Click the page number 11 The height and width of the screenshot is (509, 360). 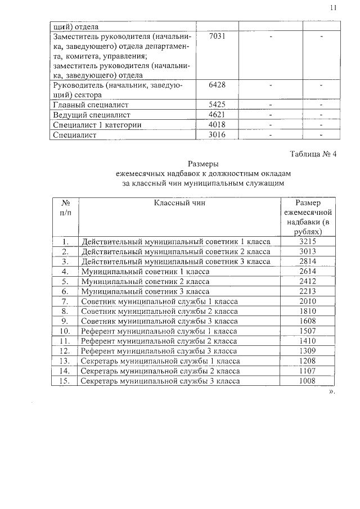click(x=333, y=8)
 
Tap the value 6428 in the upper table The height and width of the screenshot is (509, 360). click(x=217, y=85)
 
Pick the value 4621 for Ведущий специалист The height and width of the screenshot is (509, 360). click(x=217, y=115)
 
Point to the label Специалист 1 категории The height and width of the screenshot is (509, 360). click(x=96, y=125)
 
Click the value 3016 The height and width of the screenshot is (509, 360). click(x=217, y=135)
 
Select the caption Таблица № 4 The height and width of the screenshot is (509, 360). click(x=313, y=155)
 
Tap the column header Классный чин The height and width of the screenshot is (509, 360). click(x=177, y=202)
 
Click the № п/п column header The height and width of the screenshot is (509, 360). click(x=65, y=208)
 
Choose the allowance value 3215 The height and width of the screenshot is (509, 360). click(x=308, y=241)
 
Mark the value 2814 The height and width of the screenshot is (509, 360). click(x=308, y=262)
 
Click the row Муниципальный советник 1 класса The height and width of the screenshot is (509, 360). click(x=145, y=272)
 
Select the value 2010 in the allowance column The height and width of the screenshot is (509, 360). click(x=308, y=301)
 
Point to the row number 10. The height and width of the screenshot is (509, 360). click(x=65, y=331)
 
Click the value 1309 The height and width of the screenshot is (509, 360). click(x=308, y=351)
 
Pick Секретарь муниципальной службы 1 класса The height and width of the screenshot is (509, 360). click(x=160, y=361)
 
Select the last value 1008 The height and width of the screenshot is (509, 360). click(x=308, y=381)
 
